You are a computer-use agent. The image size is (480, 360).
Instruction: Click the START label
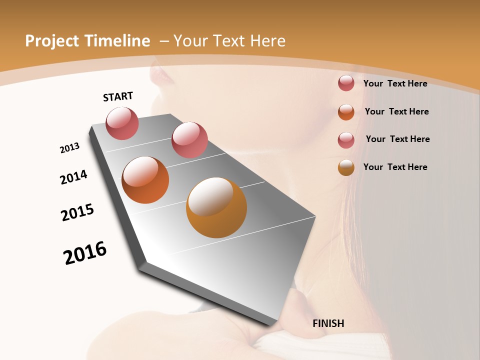(118, 96)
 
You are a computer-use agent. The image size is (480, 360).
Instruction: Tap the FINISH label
(328, 323)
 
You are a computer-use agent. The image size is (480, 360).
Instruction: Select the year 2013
(70, 148)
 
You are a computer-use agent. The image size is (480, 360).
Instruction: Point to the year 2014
(74, 177)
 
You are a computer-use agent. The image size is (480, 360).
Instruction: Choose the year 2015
(77, 212)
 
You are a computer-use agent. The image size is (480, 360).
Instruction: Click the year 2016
(85, 253)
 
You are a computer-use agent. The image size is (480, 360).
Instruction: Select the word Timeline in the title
(118, 41)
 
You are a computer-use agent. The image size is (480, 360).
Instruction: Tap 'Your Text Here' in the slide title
(229, 41)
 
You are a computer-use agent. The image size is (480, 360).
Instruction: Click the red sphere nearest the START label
(122, 123)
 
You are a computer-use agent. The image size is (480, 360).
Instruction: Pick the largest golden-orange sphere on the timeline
(216, 207)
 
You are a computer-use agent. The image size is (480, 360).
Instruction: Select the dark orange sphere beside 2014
(145, 180)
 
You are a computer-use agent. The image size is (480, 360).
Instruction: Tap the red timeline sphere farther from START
(189, 139)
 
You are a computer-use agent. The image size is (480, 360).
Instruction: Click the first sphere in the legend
(346, 83)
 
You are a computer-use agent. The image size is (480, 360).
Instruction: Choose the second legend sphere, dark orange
(346, 111)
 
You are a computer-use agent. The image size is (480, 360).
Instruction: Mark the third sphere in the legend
(346, 139)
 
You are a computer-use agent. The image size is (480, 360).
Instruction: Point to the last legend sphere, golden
(346, 167)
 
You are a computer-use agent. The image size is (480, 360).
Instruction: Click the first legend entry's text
(395, 83)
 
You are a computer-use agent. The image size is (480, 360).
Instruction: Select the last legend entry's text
(395, 167)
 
